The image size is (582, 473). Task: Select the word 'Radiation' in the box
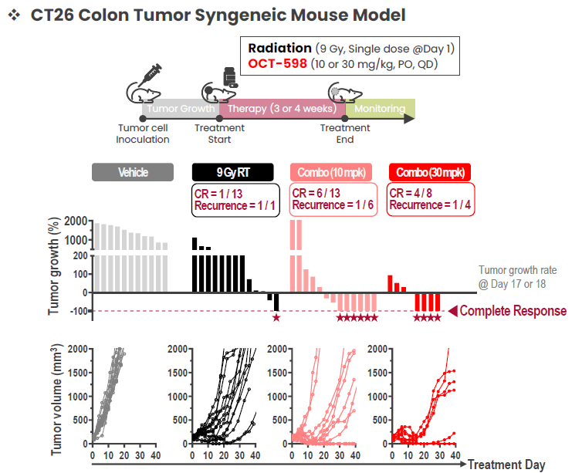280,48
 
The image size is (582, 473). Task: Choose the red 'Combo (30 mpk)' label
430,172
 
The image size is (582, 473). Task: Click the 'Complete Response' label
514,311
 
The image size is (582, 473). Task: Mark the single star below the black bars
276,318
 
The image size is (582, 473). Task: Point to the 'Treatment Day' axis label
506,465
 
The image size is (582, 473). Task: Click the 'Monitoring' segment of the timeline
380,109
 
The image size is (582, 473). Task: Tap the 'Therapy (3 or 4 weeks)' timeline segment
281,109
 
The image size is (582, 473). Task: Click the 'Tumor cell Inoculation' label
143,133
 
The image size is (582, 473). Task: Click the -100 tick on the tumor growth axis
76,311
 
